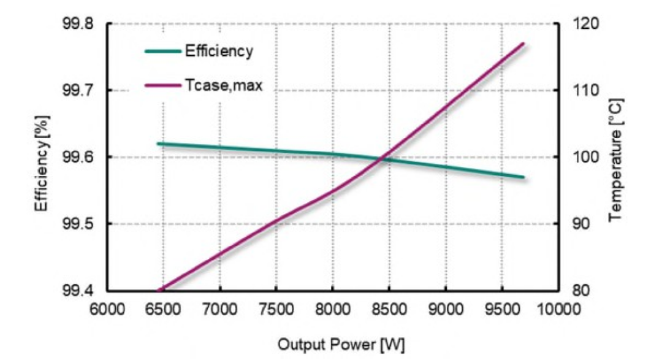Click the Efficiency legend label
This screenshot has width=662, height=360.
coord(219,51)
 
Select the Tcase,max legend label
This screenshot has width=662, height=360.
coord(224,85)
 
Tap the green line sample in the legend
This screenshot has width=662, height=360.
coord(163,51)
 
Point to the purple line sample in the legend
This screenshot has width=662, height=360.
coord(163,85)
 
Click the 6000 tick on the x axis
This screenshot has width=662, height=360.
coord(107,307)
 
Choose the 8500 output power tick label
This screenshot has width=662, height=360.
coord(389,307)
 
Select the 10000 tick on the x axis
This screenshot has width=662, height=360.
coord(558,307)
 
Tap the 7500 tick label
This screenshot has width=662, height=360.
coord(276,307)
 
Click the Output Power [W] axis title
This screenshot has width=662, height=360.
coord(333,343)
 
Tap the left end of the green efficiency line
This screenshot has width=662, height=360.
coord(158,144)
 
